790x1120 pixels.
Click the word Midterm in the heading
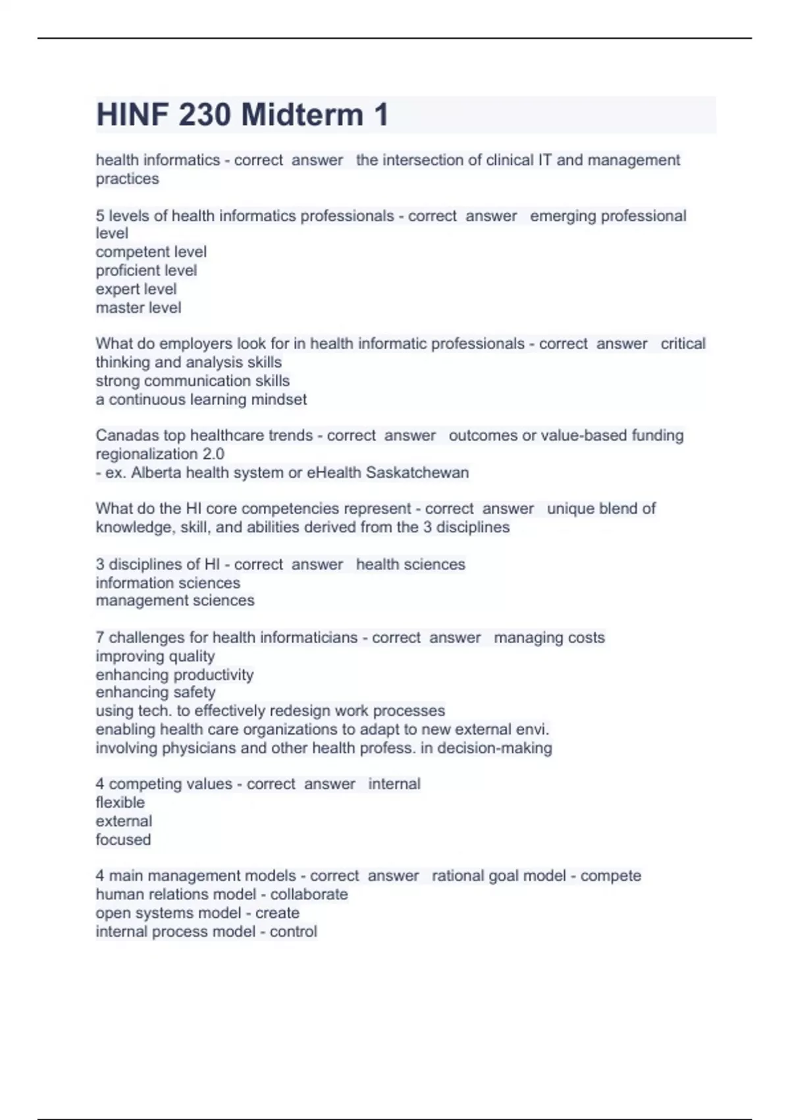302,115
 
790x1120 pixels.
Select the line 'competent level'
151,252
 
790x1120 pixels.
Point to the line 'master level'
138,308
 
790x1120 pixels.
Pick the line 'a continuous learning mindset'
201,399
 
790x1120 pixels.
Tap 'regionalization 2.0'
160,454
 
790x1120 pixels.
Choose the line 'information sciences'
168,583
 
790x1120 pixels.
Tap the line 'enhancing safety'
155,692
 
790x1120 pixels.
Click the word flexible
120,802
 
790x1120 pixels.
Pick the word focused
123,839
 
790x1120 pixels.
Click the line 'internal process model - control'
206,932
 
